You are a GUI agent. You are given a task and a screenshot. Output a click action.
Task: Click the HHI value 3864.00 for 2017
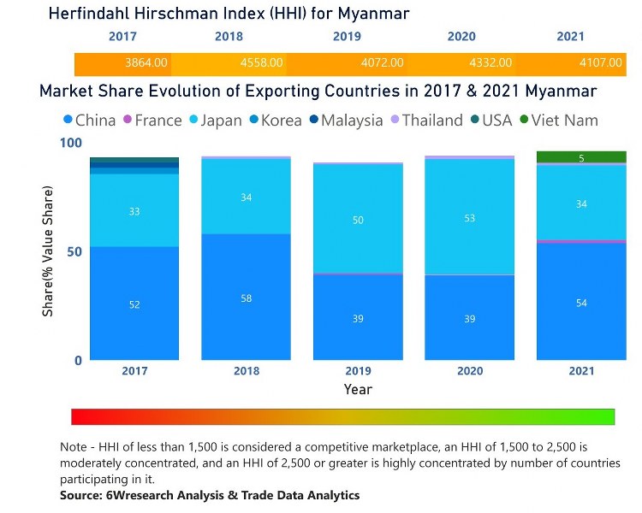pyautogui.click(x=145, y=63)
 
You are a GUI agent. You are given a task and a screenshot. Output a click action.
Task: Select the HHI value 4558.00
pyautogui.click(x=263, y=63)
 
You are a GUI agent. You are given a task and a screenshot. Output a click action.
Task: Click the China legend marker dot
pyautogui.click(x=68, y=121)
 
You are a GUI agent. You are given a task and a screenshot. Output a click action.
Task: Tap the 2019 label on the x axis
pyautogui.click(x=358, y=371)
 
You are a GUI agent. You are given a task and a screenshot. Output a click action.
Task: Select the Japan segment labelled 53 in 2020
pyautogui.click(x=469, y=219)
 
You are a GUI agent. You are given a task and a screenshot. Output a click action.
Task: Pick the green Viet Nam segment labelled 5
pyautogui.click(x=581, y=157)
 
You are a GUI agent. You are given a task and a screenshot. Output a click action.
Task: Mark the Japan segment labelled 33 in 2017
pyautogui.click(x=134, y=211)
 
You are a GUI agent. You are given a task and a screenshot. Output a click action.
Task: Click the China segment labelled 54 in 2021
pyautogui.click(x=581, y=302)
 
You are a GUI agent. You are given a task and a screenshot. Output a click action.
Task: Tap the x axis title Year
pyautogui.click(x=358, y=389)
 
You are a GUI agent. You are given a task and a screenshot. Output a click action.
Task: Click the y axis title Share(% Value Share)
pyautogui.click(x=48, y=251)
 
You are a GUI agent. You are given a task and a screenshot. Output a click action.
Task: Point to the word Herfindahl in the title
pyautogui.click(x=92, y=14)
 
